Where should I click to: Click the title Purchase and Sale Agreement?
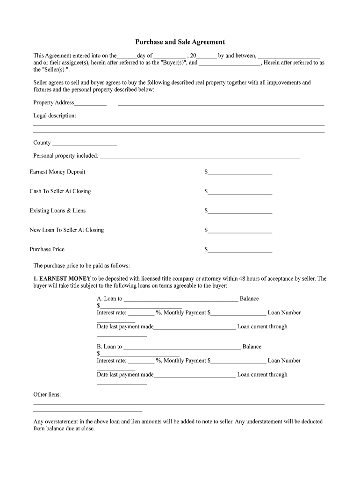180,42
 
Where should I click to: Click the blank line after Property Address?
221,104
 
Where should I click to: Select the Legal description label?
54,116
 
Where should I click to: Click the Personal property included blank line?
200,157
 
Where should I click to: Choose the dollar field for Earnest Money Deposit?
240,173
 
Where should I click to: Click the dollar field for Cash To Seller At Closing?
240,192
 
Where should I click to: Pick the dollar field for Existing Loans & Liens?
240,211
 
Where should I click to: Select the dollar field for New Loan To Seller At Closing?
240,231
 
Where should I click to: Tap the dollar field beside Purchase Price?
240,250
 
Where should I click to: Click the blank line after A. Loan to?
181,300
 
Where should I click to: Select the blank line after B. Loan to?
182,348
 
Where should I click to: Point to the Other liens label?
47,395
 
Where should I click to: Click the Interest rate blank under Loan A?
141,314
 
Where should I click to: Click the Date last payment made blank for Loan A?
194,328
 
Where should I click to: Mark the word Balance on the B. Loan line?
252,347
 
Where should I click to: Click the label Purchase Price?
47,249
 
